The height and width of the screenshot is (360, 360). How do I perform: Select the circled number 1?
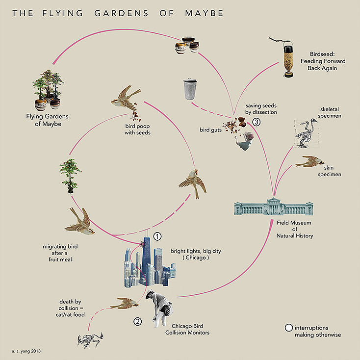click(x=157, y=236)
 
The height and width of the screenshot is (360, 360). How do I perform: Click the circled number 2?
click(x=138, y=322)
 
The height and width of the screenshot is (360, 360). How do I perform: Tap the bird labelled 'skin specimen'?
click(x=309, y=162)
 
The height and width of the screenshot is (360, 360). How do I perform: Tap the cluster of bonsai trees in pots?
click(x=48, y=89)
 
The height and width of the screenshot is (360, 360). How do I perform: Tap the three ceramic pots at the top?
click(x=188, y=46)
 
